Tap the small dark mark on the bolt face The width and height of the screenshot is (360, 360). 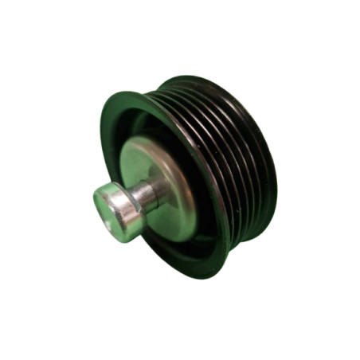click(102, 199)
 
